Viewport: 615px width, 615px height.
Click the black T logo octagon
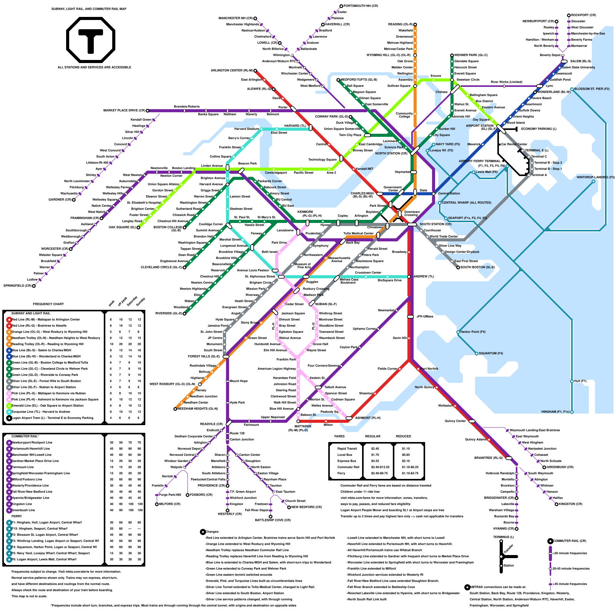[91, 40]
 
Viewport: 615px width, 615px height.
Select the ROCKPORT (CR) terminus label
[583, 15]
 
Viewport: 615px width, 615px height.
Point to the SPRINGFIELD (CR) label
[17, 286]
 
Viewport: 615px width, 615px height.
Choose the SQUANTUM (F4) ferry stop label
[491, 353]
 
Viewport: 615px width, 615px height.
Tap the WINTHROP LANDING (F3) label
[595, 177]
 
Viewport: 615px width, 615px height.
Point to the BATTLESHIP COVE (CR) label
[273, 520]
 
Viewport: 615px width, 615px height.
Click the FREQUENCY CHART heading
[48, 304]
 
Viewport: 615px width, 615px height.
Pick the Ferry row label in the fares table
[341, 473]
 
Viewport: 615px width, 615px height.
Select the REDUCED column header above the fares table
[404, 436]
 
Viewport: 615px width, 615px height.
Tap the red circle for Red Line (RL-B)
[9, 319]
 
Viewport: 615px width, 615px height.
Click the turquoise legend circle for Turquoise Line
[9, 412]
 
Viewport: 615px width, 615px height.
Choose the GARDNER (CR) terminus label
[60, 199]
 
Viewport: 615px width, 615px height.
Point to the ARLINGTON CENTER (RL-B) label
[231, 70]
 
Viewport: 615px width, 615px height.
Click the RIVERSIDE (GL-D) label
[168, 313]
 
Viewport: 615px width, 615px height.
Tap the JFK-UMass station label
[425, 316]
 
